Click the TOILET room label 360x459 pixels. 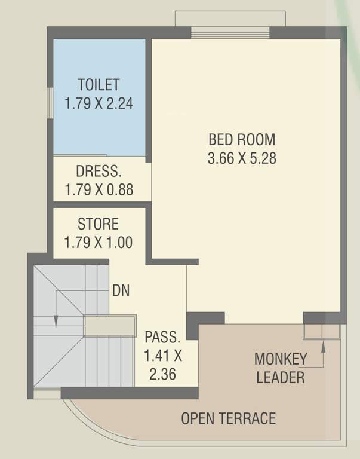click(99, 84)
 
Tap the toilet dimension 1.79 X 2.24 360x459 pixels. click(99, 103)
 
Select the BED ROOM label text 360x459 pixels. click(242, 140)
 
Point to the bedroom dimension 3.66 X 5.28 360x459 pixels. click(242, 159)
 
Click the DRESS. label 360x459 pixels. click(99, 172)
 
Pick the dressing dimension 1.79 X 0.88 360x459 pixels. click(99, 191)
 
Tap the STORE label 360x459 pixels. click(98, 224)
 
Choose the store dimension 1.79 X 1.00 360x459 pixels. click(98, 243)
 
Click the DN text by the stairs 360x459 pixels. click(121, 291)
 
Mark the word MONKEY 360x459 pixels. click(281, 359)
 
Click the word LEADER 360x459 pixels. click(281, 378)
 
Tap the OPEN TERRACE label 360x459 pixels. click(229, 418)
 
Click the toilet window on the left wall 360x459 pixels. click(50, 105)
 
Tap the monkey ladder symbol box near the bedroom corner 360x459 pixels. click(322, 332)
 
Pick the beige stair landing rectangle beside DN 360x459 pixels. click(109, 326)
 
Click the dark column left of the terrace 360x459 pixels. click(194, 323)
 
